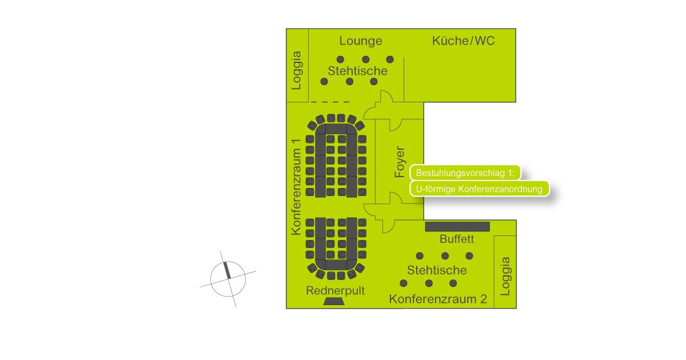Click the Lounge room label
[361, 41]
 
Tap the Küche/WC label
[463, 41]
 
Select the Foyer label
[400, 162]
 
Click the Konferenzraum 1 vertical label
[296, 187]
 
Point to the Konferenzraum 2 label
[438, 299]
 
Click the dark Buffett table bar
[457, 226]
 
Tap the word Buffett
[457, 239]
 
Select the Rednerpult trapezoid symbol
[334, 302]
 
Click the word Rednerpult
[336, 291]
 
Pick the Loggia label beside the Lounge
[297, 70]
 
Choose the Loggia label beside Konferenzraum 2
[505, 276]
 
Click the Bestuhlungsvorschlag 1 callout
[465, 173]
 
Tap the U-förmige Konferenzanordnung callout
[479, 189]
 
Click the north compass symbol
[228, 279]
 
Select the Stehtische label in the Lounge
[357, 71]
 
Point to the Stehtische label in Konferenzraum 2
[437, 270]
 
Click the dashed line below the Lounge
[330, 102]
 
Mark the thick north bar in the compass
[228, 270]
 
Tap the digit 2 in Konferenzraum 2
[484, 299]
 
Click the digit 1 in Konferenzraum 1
[296, 142]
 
